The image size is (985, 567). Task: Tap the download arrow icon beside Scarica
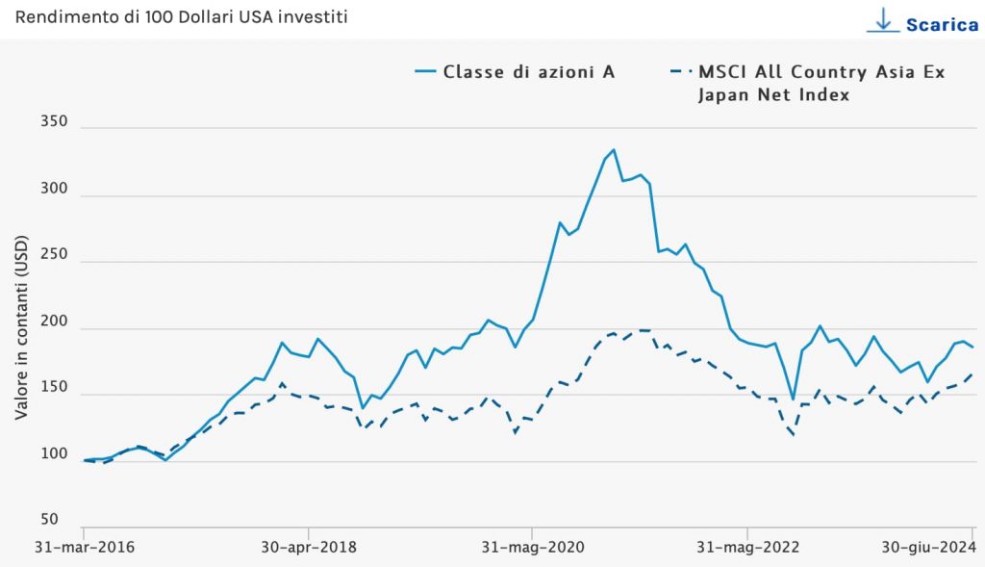[x=882, y=20]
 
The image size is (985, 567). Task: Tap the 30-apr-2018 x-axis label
[x=309, y=548]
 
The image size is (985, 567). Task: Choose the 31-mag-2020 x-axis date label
[x=531, y=548]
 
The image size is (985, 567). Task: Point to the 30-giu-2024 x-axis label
[x=929, y=548]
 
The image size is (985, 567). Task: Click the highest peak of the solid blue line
[x=614, y=150]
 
